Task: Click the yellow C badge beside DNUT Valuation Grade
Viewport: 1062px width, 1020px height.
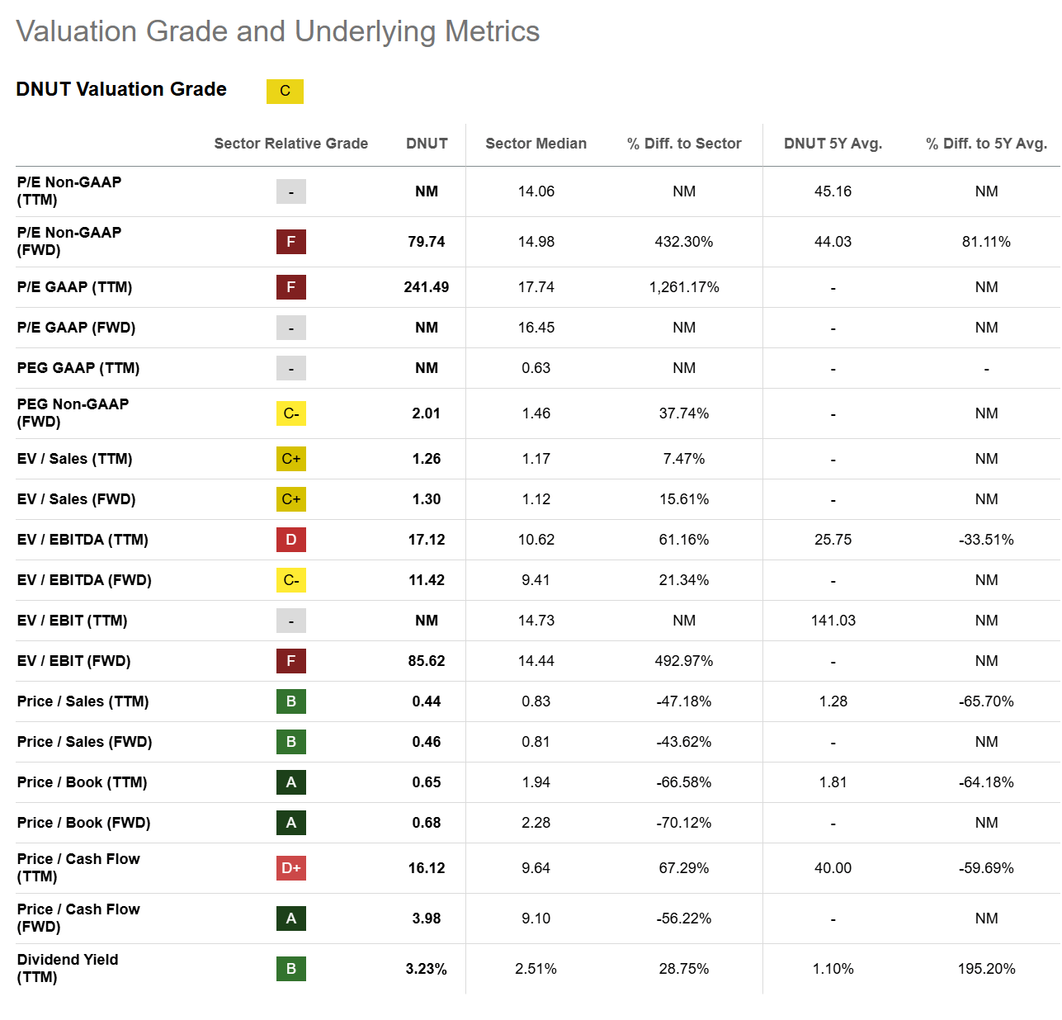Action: (x=285, y=91)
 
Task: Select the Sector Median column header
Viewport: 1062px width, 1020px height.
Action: (x=536, y=144)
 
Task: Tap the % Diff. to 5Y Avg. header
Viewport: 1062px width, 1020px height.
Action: (x=986, y=144)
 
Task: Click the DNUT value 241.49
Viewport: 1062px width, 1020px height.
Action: (x=426, y=287)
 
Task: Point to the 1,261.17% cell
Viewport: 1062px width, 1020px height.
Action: (x=683, y=287)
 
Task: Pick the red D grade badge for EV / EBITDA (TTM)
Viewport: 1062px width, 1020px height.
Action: (x=291, y=540)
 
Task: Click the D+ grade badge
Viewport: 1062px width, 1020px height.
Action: (x=291, y=868)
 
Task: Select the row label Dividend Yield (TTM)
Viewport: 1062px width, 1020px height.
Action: (x=68, y=968)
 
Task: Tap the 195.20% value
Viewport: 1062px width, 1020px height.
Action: (x=986, y=969)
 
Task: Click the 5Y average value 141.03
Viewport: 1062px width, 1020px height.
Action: (x=833, y=621)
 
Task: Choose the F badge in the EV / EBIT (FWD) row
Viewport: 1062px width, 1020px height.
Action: (x=291, y=661)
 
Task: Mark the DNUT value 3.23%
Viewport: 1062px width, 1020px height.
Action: (x=426, y=969)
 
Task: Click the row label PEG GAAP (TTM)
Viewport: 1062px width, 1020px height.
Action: (x=78, y=368)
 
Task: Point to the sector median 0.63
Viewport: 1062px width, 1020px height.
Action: (x=536, y=368)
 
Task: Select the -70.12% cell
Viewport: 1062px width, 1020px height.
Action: (x=683, y=823)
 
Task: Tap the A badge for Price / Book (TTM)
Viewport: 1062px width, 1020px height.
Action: (x=291, y=782)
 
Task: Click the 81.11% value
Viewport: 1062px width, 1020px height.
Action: (x=986, y=242)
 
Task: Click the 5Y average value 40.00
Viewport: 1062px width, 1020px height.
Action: (x=833, y=868)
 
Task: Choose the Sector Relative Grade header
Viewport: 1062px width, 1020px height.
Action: (x=291, y=144)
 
